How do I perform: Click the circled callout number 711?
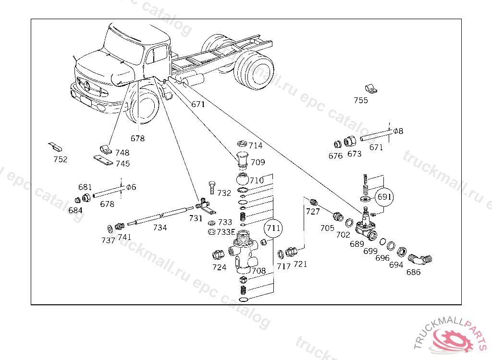point(273,228)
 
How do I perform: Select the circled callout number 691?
point(384,197)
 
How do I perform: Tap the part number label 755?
point(361,100)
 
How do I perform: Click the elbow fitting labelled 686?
point(420,259)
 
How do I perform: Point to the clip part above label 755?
point(371,89)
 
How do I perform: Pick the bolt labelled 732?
point(212,188)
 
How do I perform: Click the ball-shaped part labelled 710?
point(242,180)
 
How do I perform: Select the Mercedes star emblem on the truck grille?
point(87,86)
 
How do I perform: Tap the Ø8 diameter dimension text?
point(398,131)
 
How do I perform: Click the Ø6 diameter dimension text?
point(131,187)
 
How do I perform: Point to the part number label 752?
point(61,160)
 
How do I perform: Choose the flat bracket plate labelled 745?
point(103,160)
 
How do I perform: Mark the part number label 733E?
point(226,232)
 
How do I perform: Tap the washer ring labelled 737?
point(110,229)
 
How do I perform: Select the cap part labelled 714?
point(242,144)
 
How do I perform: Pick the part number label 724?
point(219,267)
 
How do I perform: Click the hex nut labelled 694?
point(402,252)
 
